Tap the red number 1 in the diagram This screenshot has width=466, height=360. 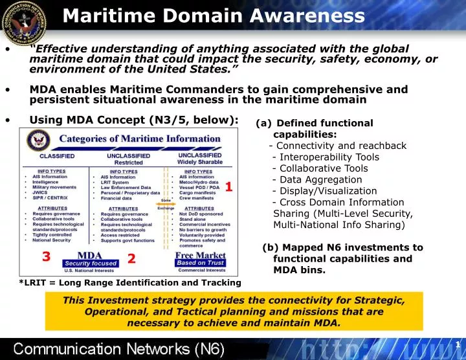click(228, 188)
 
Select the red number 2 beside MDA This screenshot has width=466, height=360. click(131, 259)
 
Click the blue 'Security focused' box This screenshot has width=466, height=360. click(91, 264)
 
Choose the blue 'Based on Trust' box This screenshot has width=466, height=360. click(201, 263)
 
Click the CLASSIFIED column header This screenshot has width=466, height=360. click(57, 156)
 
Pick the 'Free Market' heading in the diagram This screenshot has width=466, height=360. click(200, 255)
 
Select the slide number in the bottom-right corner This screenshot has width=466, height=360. click(457, 344)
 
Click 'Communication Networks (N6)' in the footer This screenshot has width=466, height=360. click(120, 350)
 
